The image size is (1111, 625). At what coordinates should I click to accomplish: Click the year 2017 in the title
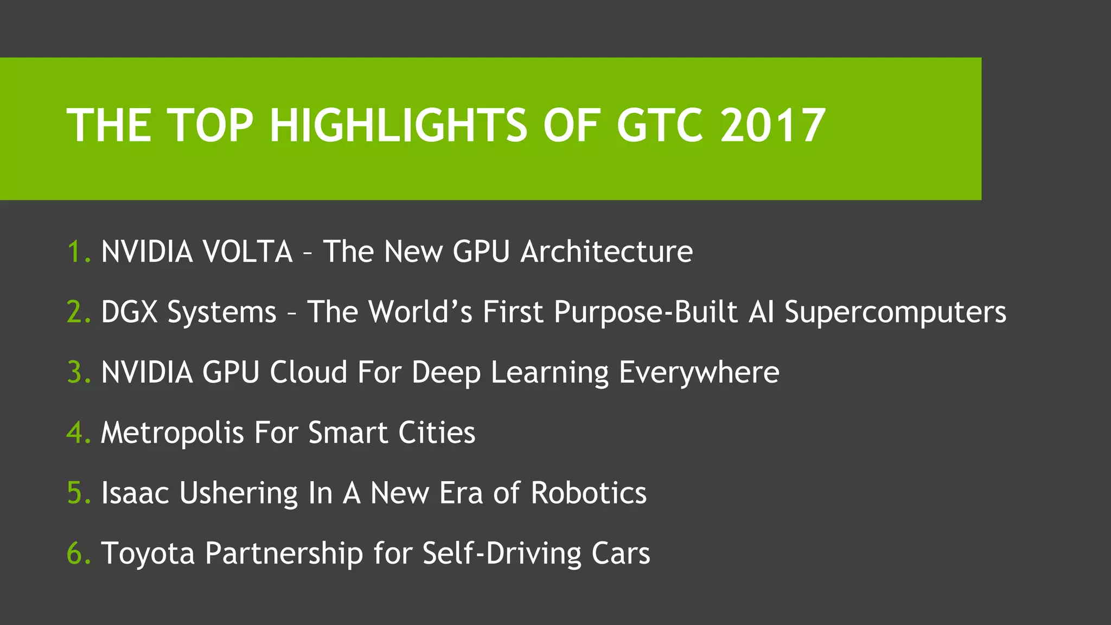tap(772, 126)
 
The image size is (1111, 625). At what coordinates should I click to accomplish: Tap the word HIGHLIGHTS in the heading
tap(398, 126)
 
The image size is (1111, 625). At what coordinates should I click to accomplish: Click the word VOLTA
tap(247, 252)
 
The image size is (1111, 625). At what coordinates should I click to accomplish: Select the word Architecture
tap(606, 252)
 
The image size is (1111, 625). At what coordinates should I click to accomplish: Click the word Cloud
tap(308, 373)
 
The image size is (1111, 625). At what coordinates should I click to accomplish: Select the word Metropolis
tap(173, 433)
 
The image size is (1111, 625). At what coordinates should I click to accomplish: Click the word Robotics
tap(589, 493)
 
